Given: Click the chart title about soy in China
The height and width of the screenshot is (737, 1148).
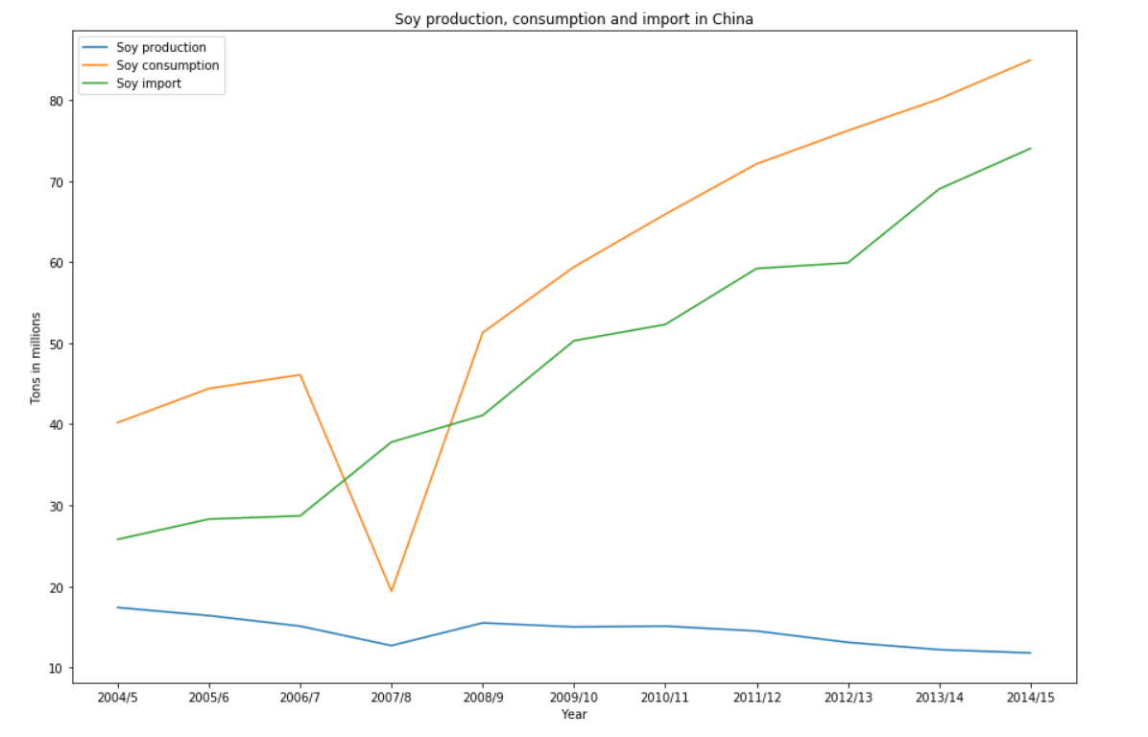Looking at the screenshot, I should pos(574,19).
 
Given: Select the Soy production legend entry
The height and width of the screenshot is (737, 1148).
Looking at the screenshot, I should pos(160,47).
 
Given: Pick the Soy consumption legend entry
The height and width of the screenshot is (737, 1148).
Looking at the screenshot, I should pos(167,65).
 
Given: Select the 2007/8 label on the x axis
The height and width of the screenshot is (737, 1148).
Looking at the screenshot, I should pos(392,698).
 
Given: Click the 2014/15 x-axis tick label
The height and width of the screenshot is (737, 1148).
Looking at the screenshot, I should pos(1031,698).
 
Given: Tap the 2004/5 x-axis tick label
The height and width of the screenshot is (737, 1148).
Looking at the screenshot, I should pos(117,698).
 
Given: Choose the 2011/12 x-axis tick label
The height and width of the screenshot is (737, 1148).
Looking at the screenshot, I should pos(756,698).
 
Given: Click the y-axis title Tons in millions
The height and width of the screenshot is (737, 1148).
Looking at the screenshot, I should pos(36,357).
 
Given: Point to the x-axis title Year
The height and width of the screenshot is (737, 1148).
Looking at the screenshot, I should pos(574,714).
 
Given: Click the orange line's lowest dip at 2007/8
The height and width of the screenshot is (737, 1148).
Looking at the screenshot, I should pos(392,591).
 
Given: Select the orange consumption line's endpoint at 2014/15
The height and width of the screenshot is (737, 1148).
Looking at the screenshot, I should pos(1031,59).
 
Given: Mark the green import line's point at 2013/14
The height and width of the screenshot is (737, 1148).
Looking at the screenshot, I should pos(940,189).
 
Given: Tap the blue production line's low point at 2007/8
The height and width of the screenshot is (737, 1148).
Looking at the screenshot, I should pos(392,646).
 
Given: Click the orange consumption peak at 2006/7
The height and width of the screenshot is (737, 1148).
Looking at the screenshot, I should pos(300,374).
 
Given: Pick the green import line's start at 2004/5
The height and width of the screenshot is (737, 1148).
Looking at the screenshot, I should pos(117,539).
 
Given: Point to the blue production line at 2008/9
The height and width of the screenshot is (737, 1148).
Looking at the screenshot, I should pos(483,623).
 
